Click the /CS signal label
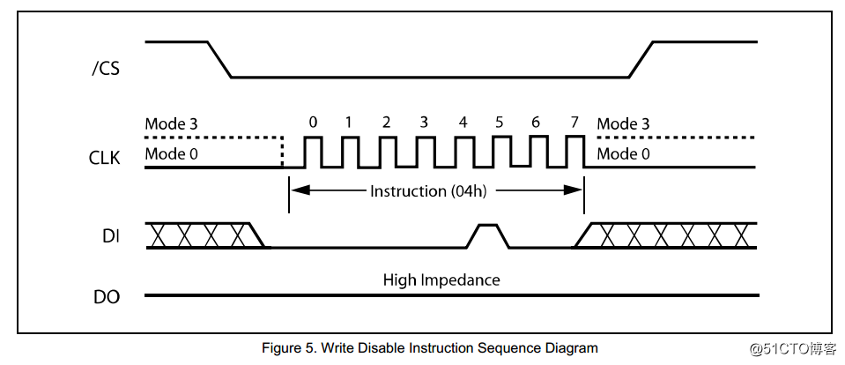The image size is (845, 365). coord(106,69)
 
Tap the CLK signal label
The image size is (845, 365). coord(106,159)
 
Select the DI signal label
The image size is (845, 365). coord(110,236)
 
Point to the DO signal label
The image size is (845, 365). coord(107,297)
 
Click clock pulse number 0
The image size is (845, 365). coord(313,123)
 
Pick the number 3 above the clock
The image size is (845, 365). coord(424,123)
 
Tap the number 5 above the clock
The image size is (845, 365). coord(499,123)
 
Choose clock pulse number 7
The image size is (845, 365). coord(574,123)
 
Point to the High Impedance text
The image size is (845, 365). coord(441,280)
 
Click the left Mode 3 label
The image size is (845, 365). coord(177,124)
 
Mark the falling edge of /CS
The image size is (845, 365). coord(219,59)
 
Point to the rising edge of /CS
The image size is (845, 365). coord(641,59)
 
